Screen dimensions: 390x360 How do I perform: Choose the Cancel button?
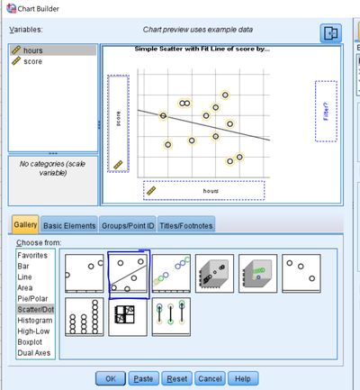click(x=210, y=378)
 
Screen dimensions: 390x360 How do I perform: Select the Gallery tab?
click(x=25, y=225)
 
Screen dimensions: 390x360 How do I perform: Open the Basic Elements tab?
click(x=69, y=225)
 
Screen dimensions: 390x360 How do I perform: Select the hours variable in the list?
click(x=32, y=50)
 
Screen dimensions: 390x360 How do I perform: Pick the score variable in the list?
click(x=32, y=61)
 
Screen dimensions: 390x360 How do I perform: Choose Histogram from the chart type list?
click(x=36, y=320)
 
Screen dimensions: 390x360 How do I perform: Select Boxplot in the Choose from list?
click(x=31, y=341)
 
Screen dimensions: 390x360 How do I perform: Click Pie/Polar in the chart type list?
click(x=34, y=298)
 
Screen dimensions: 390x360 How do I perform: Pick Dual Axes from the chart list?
click(x=35, y=352)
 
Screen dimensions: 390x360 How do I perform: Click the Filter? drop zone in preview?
click(x=326, y=111)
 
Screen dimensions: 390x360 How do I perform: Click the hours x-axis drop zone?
click(x=204, y=190)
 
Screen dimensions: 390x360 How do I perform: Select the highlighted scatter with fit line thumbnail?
click(x=129, y=273)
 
